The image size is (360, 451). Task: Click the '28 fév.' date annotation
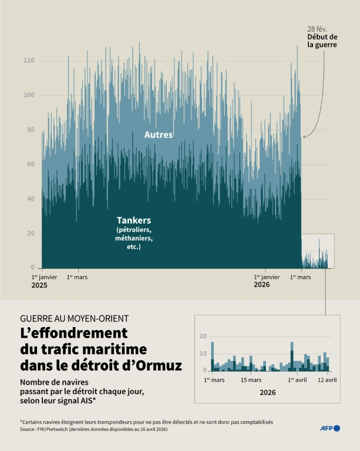click(x=317, y=29)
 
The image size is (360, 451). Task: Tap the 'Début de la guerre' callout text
click(x=322, y=41)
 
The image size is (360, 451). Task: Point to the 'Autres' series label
click(x=159, y=135)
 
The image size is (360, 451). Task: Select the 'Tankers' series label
click(x=134, y=220)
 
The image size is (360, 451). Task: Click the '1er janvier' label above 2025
click(x=44, y=277)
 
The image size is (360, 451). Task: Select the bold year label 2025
click(x=39, y=285)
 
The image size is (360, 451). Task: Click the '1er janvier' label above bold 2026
click(x=267, y=277)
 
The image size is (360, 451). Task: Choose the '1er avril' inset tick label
click(x=298, y=380)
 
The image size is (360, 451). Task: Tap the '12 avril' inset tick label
click(x=327, y=380)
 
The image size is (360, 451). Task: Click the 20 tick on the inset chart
click(x=203, y=336)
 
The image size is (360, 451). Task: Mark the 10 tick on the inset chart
click(x=203, y=353)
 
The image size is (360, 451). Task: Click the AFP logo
click(x=330, y=428)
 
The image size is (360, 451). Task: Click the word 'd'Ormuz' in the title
click(x=157, y=365)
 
